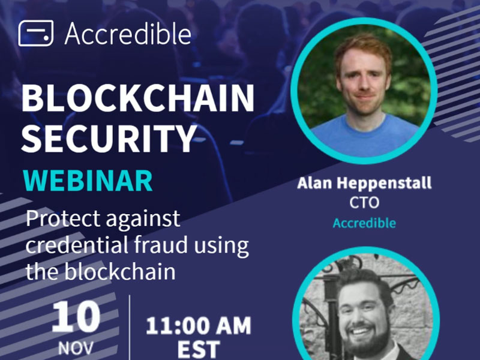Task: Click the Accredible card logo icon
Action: click(x=36, y=34)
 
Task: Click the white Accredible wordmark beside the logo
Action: click(x=128, y=34)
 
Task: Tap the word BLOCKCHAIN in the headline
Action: click(x=138, y=98)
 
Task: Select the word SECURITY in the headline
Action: click(x=109, y=139)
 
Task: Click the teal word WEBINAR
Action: click(x=88, y=181)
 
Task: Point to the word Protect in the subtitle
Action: click(x=63, y=218)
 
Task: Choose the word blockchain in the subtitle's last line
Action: click(x=120, y=271)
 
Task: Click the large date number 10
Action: click(x=76, y=317)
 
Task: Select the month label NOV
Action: click(x=76, y=349)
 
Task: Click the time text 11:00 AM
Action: click(x=199, y=326)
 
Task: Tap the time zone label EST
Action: click(x=199, y=349)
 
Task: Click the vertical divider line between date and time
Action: click(x=130, y=328)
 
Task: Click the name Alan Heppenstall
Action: click(x=364, y=183)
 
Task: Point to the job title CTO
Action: click(x=364, y=203)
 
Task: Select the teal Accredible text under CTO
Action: click(x=364, y=223)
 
